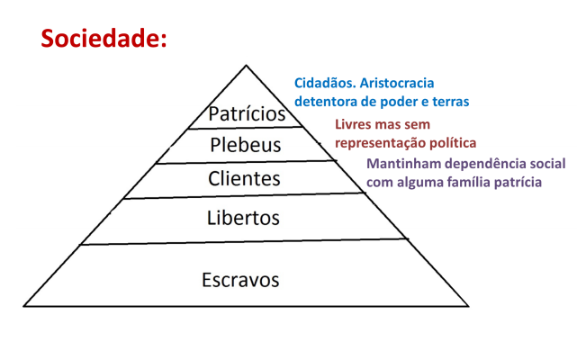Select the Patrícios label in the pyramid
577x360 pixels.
[247, 115]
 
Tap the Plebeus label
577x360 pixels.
[246, 145]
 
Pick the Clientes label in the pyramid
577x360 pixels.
[244, 178]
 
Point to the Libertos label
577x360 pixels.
[243, 218]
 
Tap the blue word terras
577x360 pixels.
[448, 100]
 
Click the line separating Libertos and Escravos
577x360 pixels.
[243, 241]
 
